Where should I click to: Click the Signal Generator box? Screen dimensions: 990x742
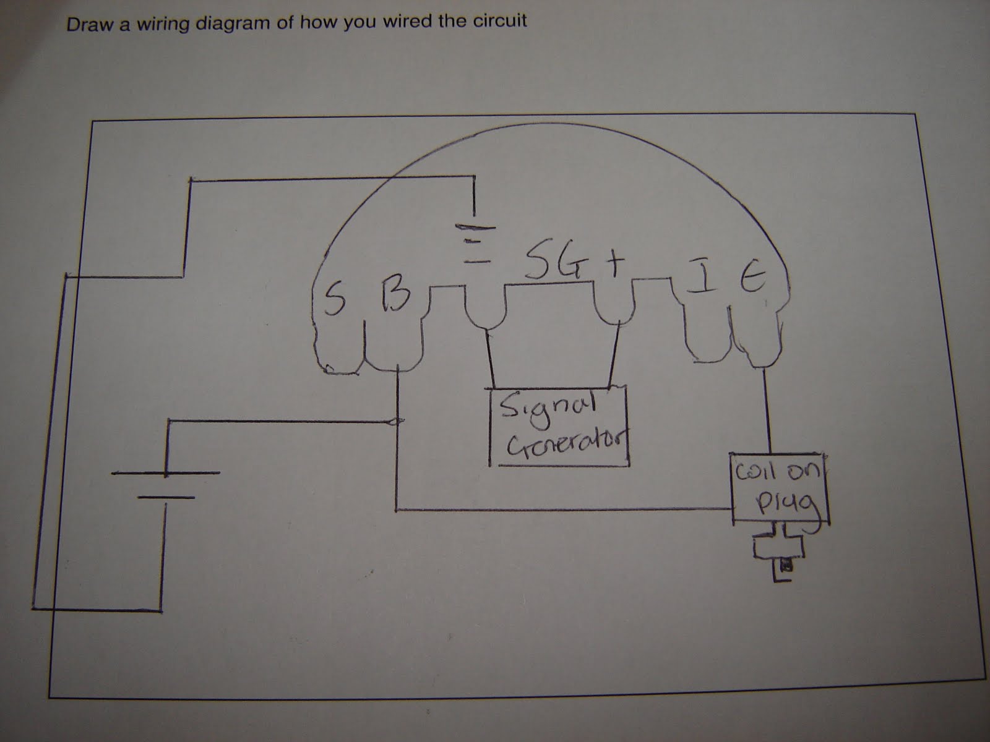click(x=559, y=427)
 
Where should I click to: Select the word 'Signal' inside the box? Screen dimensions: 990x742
click(x=546, y=409)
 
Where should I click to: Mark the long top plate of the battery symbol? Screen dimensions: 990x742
click(x=165, y=474)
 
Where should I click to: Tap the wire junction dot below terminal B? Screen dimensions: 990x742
click(x=397, y=422)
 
